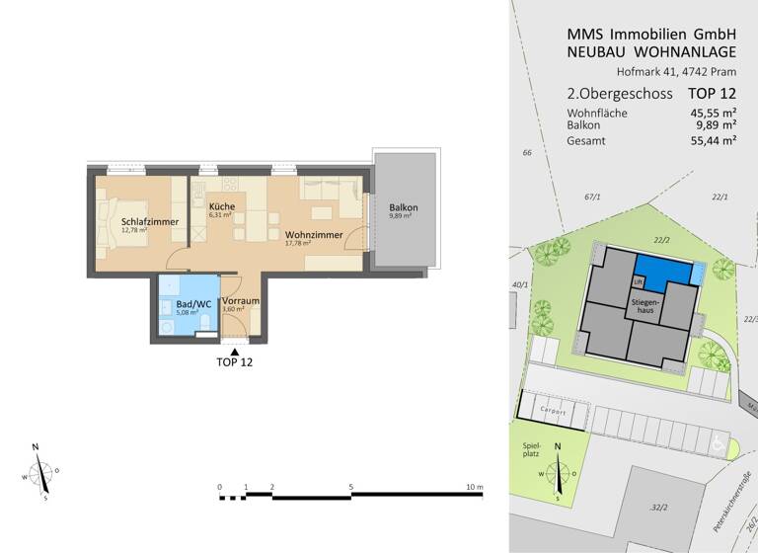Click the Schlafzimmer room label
coord(150,222)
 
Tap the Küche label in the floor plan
coord(221,206)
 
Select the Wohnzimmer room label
coord(314,235)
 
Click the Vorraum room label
coord(241,301)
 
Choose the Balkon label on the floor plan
coord(404,207)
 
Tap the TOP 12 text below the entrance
coord(234,362)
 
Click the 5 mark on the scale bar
coord(350,488)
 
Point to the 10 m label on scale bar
coord(474,488)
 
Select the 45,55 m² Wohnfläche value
coord(714,114)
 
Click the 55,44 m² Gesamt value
coord(714,141)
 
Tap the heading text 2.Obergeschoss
coord(620,94)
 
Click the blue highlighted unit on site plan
coord(662,267)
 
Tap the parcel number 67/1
coord(592,197)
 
